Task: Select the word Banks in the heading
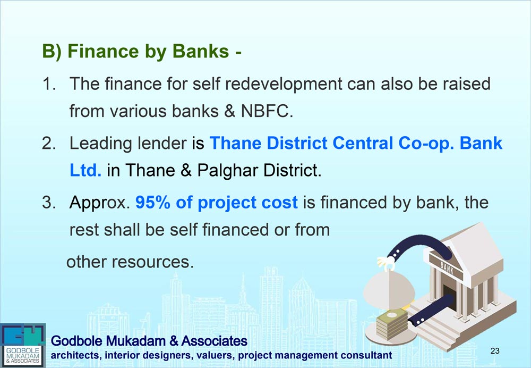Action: coord(201,51)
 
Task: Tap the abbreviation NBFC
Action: coord(267,111)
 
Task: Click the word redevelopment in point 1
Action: coord(284,84)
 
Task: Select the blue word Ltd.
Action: coord(85,170)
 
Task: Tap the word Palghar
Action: coord(228,171)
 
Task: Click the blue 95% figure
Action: coord(153,203)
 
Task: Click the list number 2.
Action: coord(49,144)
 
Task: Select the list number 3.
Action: coord(49,203)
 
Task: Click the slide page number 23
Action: coord(495,350)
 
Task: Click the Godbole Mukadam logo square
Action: coord(23,345)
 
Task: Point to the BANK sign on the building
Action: coord(447,268)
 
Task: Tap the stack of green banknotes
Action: coord(392,324)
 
